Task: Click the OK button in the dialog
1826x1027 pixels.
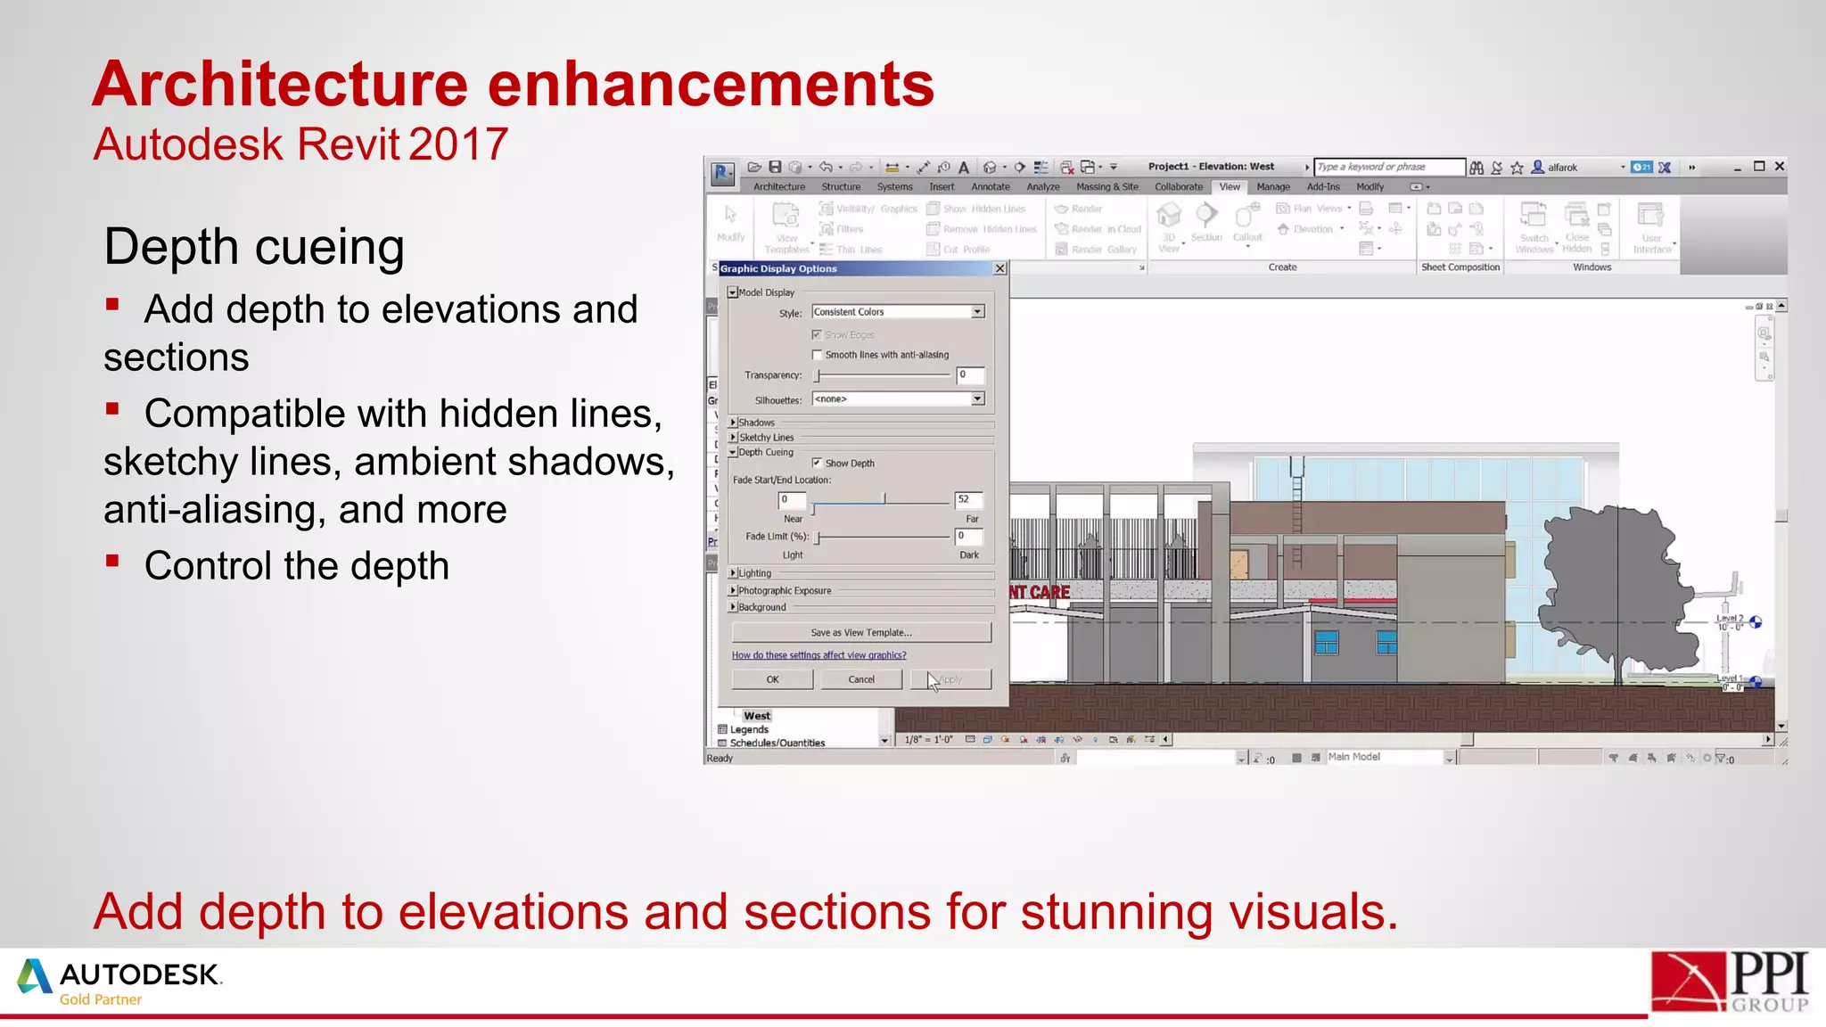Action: point(772,679)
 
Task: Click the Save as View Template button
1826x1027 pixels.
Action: point(861,633)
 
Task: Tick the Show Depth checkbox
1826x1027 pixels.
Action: point(817,463)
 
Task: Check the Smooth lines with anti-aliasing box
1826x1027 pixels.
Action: point(817,355)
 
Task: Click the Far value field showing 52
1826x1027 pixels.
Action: point(968,500)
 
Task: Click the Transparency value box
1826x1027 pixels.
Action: point(970,375)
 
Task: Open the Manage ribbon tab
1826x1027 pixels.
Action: point(1273,187)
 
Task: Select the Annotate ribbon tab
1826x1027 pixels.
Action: point(990,187)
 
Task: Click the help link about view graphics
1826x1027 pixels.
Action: point(818,655)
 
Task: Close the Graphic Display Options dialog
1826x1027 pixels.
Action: point(1000,268)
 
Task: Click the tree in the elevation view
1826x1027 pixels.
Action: point(1614,588)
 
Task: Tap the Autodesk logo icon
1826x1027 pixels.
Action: point(34,976)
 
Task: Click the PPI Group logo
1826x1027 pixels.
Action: point(1729,982)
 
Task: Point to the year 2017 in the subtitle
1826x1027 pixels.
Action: point(458,144)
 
